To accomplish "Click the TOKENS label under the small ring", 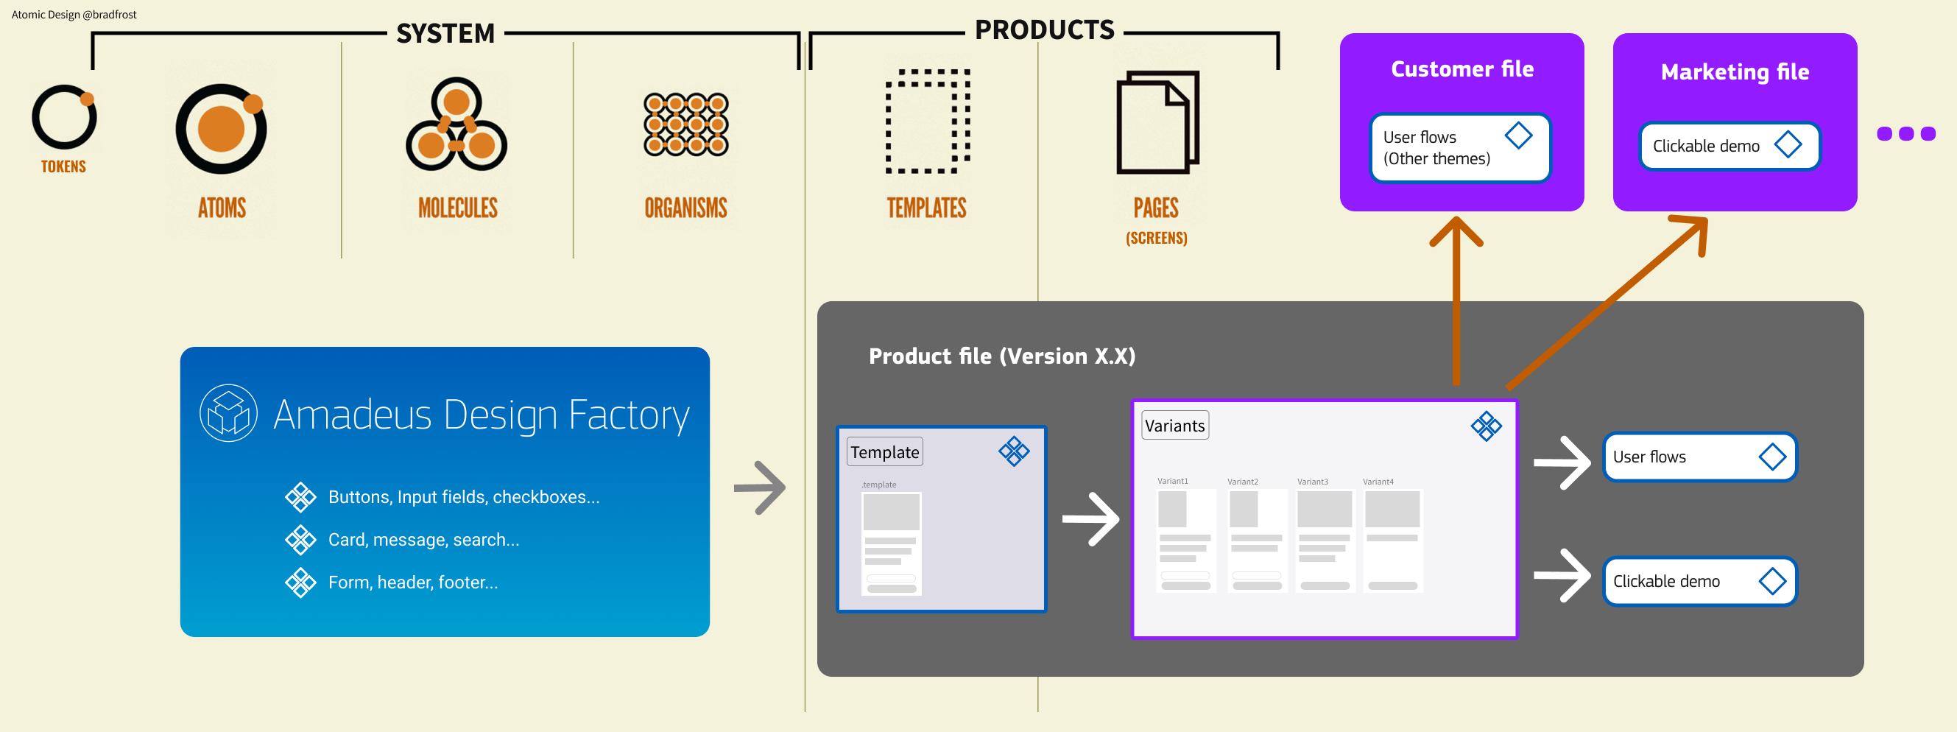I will [63, 166].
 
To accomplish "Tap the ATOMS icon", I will [221, 128].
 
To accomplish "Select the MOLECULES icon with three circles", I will [456, 124].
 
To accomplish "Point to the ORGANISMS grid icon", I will [685, 124].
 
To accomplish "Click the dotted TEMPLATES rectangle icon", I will [928, 122].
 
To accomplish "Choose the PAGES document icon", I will [1157, 122].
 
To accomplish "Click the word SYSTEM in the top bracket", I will [445, 33].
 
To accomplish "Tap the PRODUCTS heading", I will [1044, 30].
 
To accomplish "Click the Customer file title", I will [1461, 69].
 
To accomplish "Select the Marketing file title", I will [1735, 72].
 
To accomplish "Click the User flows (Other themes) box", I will [1459, 147].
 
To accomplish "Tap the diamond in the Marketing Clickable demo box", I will [1788, 144].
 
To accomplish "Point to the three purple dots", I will [1905, 134].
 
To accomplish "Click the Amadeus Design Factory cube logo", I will [228, 414].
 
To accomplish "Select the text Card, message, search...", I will [423, 540].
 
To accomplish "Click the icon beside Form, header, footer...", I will [300, 583].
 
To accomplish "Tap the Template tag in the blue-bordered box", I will [884, 452].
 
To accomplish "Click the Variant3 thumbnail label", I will [1312, 482].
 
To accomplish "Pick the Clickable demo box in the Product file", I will [1699, 582].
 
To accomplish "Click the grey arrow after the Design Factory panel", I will [760, 488].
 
